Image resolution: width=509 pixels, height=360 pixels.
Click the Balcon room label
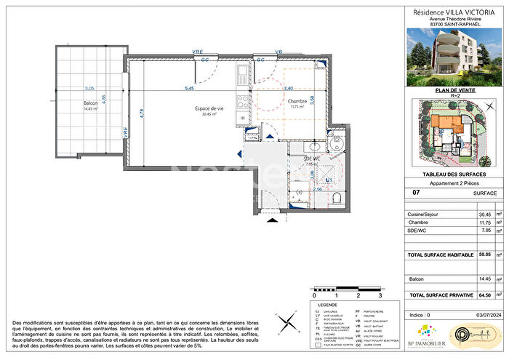[x=91, y=104]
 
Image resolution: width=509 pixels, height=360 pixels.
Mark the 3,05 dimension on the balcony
[x=89, y=89]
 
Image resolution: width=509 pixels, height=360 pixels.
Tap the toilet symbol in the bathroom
[x=336, y=198]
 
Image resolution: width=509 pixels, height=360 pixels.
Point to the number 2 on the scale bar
[x=358, y=297]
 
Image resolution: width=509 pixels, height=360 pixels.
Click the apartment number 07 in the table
[x=417, y=193]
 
